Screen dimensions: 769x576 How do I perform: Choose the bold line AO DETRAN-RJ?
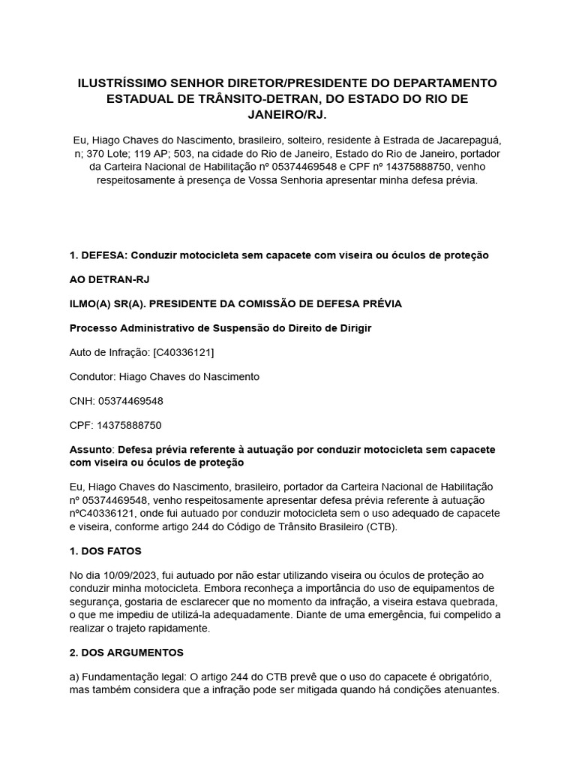coord(109,279)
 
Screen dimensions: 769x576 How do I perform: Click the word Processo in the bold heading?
coord(93,328)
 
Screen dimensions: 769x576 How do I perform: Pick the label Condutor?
coord(93,376)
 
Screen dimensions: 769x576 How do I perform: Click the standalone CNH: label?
coord(82,400)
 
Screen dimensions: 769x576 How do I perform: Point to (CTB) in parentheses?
coord(380,526)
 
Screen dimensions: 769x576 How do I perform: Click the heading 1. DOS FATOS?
coord(105,550)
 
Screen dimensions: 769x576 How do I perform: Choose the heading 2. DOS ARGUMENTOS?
coord(126,652)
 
